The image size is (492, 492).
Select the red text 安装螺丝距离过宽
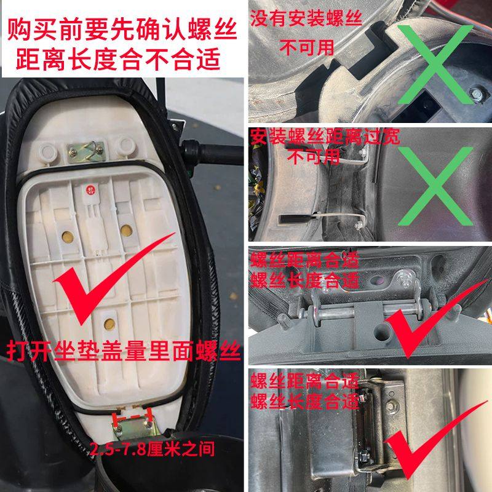[325, 137]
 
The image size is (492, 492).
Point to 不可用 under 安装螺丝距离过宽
[314, 157]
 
